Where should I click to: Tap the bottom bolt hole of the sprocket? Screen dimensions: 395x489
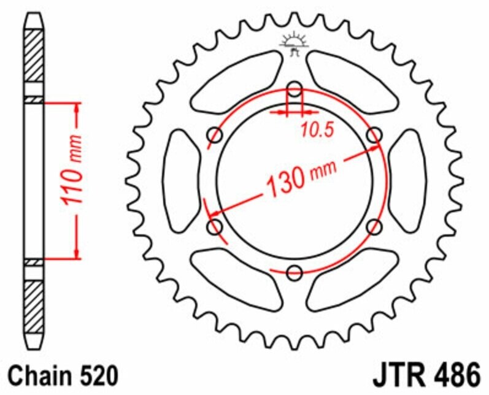tap(295, 272)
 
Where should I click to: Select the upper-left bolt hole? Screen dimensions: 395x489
tap(216, 135)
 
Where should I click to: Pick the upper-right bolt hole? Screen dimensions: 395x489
tap(374, 135)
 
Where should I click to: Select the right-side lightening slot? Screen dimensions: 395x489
tap(408, 181)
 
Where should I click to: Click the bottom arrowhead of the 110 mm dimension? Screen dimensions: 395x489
tap(77, 252)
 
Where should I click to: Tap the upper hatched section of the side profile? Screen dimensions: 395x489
tap(34, 55)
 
